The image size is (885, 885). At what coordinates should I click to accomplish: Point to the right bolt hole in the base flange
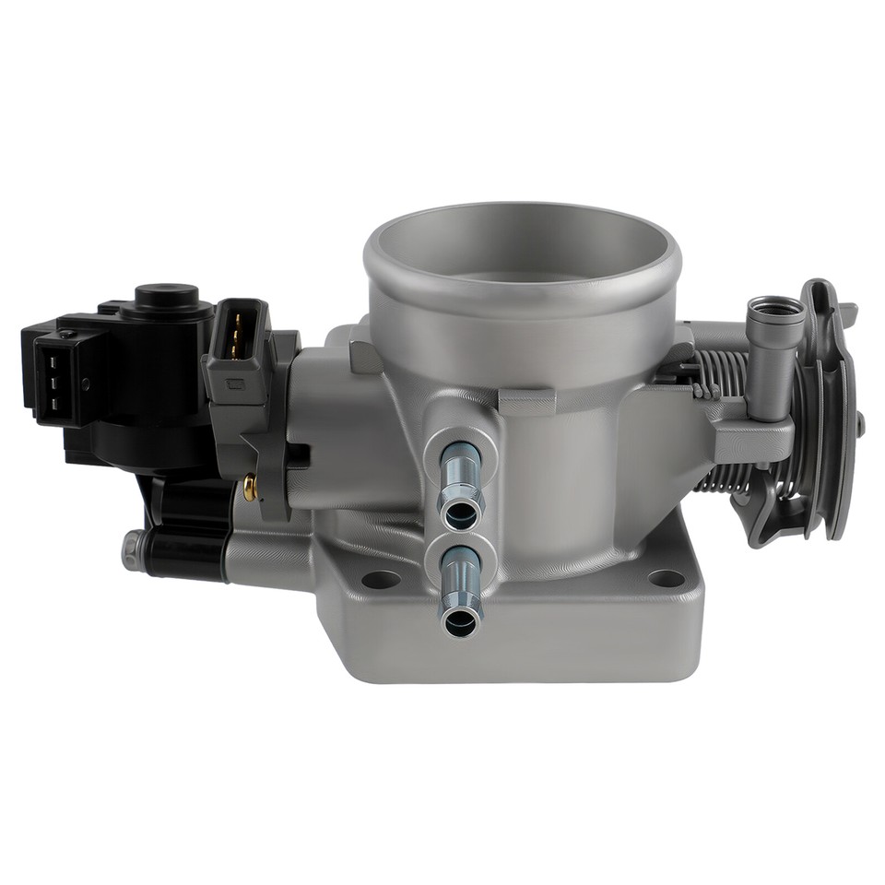[x=666, y=578]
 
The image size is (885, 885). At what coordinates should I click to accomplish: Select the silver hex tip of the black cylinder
[x=132, y=550]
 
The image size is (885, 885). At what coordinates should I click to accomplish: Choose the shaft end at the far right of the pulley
[x=859, y=424]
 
